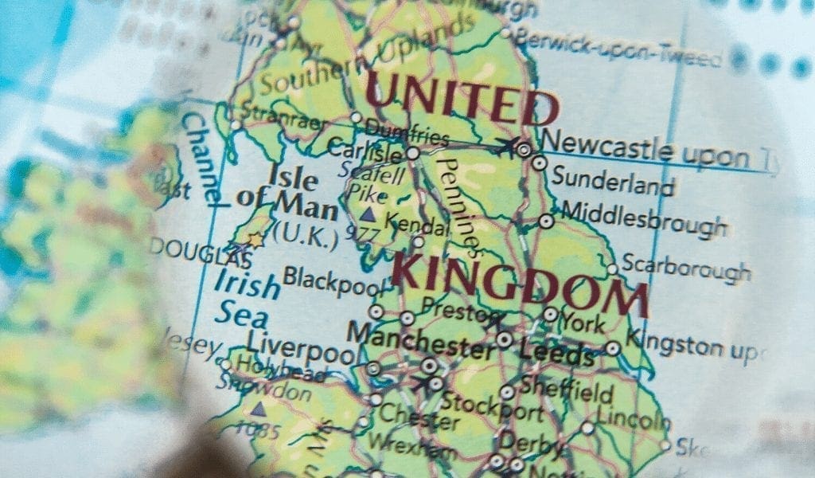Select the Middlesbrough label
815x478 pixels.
point(643,218)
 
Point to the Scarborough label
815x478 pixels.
point(685,268)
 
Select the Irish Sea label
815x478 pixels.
point(246,299)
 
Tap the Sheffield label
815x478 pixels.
point(567,390)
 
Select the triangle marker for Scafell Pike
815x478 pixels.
point(367,214)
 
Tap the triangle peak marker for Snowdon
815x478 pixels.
point(258,409)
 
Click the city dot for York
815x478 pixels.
point(550,314)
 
